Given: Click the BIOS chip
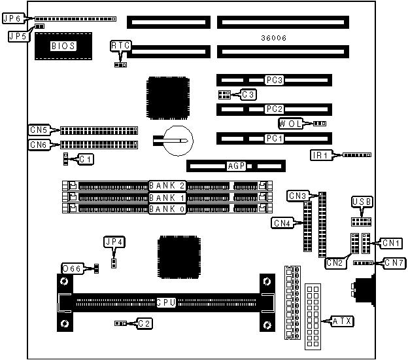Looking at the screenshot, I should (x=63, y=46).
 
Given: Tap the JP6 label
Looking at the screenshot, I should (x=12, y=20).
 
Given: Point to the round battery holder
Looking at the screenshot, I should (x=177, y=139).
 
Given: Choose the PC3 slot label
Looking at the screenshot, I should (x=274, y=81).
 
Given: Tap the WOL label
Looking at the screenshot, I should (x=290, y=124).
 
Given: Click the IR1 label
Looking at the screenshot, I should (x=321, y=155).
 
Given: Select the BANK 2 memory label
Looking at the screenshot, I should (x=167, y=186).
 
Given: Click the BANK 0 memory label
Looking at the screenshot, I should (x=167, y=209).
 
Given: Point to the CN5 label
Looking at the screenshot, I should (x=38, y=130).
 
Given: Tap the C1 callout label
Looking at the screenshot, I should (x=86, y=158).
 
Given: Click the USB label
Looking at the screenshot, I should (x=361, y=202).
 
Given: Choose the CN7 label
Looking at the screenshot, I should (x=394, y=263).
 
